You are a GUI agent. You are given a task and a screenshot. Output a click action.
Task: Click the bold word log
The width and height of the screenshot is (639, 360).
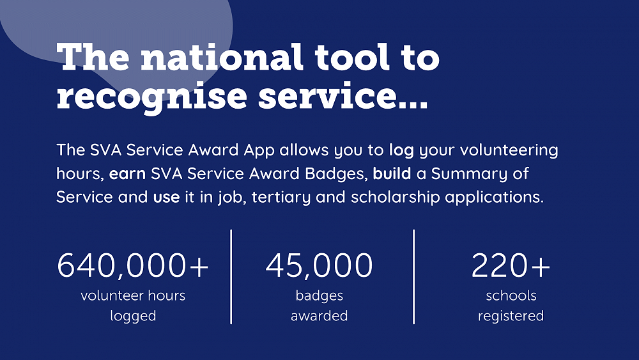coord(401,151)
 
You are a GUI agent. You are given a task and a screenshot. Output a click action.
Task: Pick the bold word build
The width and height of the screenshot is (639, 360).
coord(391,174)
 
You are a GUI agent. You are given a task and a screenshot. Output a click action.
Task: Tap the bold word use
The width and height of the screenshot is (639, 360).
coord(166,197)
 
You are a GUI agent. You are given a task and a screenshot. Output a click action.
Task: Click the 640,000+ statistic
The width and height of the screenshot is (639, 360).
coord(133,266)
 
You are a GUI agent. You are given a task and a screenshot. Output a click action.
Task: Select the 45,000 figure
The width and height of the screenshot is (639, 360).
coord(319,266)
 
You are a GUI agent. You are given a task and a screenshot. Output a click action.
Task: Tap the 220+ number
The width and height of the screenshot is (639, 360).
coord(511,266)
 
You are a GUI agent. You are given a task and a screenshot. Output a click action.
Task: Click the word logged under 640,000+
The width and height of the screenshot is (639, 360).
coord(133,316)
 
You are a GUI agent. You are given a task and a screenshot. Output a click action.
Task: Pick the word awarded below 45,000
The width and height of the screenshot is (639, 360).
coord(319,316)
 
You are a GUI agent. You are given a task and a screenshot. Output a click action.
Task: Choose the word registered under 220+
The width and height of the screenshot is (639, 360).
coord(511,316)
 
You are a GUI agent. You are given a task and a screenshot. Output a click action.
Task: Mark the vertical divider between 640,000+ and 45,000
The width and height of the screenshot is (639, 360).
coord(231,276)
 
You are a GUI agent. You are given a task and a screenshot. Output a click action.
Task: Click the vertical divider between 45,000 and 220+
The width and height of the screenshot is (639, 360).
coord(413,276)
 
